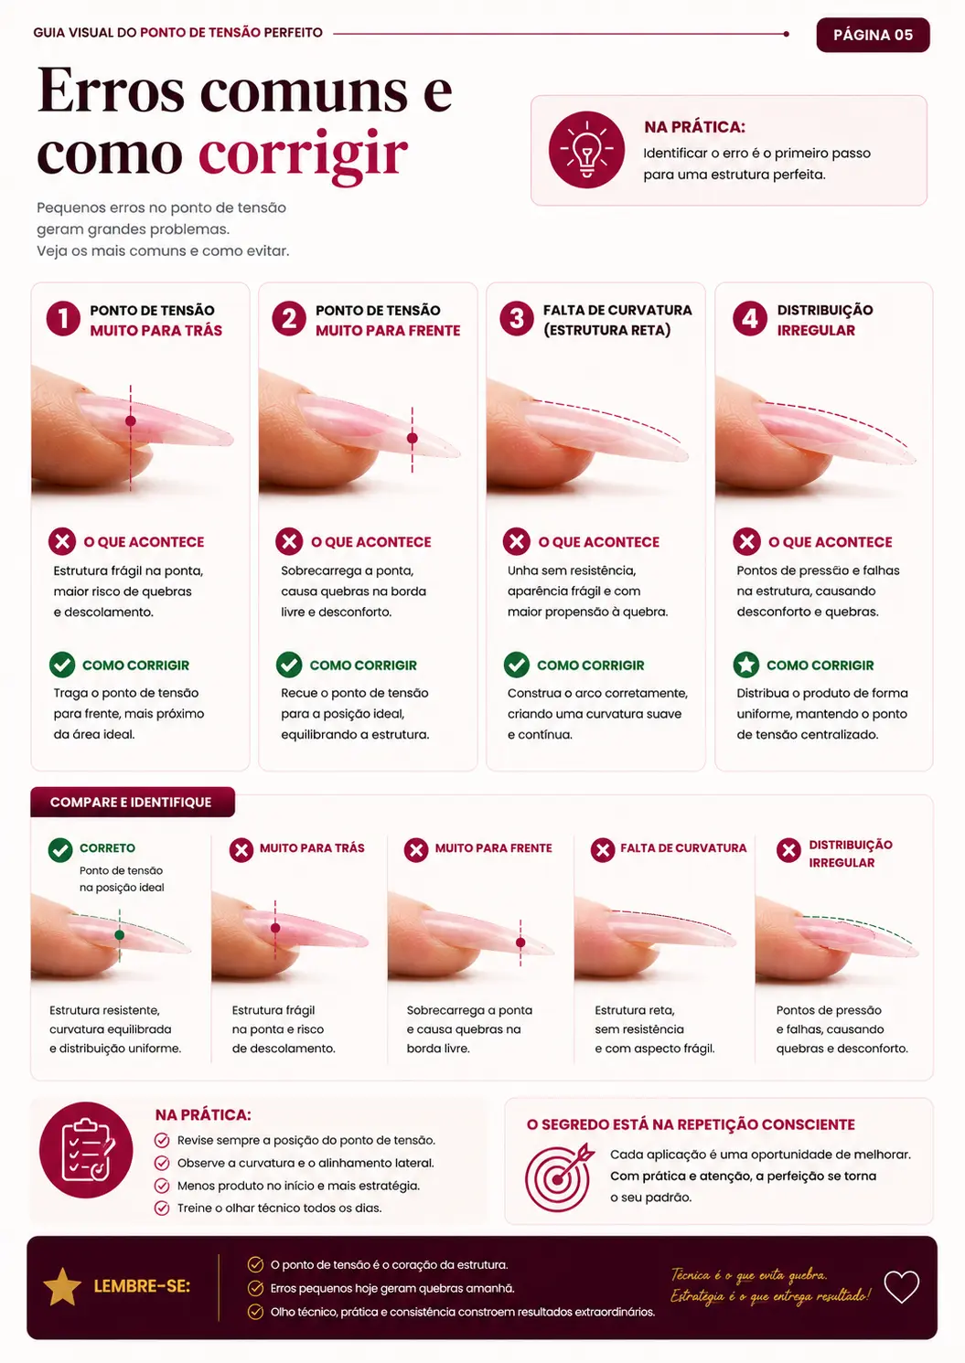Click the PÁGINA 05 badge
click(873, 35)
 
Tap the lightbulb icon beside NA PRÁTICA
click(586, 150)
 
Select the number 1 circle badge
click(63, 319)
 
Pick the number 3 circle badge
click(516, 318)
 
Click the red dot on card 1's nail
click(130, 421)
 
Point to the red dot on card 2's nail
click(413, 438)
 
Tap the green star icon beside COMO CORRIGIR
click(745, 665)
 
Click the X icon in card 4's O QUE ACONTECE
click(746, 541)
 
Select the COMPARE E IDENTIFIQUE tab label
click(131, 802)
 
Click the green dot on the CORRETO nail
click(119, 934)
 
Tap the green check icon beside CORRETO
click(60, 850)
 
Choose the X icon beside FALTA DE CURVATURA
click(603, 850)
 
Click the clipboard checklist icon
click(86, 1150)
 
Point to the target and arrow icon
click(559, 1177)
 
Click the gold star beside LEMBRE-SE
click(62, 1287)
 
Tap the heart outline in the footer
click(901, 1286)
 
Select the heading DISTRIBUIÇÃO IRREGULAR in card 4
click(825, 320)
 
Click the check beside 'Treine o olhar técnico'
click(162, 1208)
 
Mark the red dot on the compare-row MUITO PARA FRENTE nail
click(520, 942)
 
